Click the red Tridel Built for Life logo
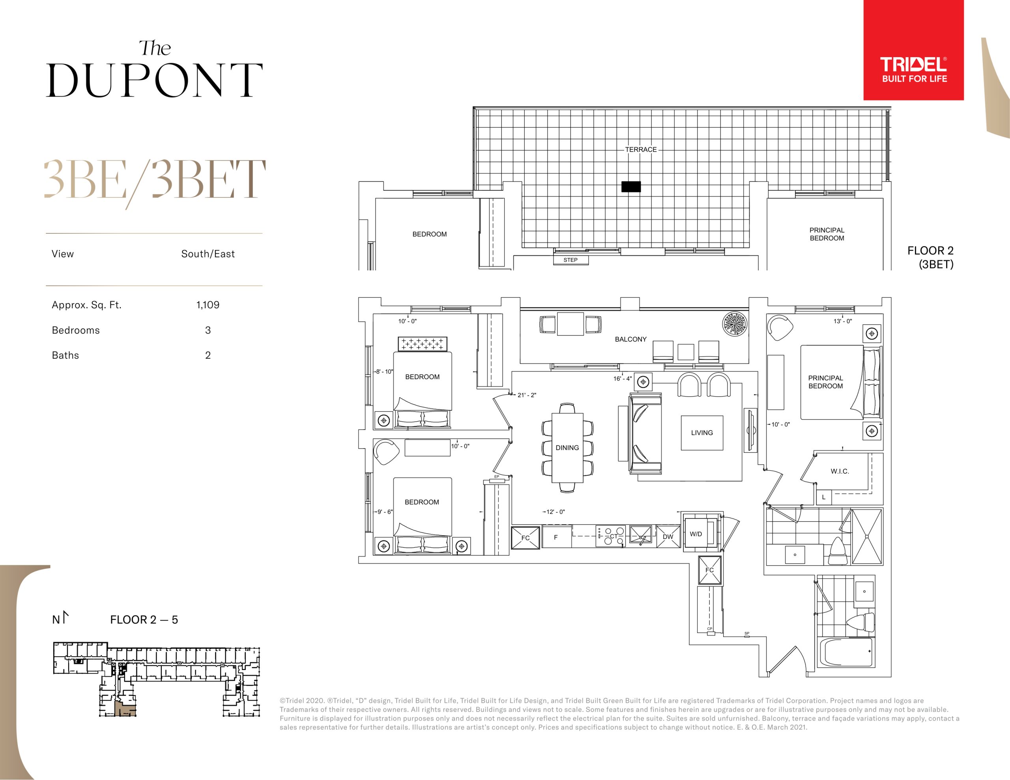(x=913, y=50)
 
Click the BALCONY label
(x=630, y=339)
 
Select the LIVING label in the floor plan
(x=701, y=433)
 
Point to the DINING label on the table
(x=567, y=448)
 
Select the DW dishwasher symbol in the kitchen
(x=668, y=536)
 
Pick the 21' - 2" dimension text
(x=527, y=395)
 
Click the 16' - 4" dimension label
(x=623, y=378)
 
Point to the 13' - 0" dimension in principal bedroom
(x=843, y=321)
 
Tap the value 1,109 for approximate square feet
(x=208, y=305)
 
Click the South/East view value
(x=208, y=254)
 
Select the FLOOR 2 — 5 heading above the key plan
(x=144, y=620)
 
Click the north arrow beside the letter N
(x=65, y=617)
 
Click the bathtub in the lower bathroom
(x=846, y=652)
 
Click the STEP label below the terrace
(x=570, y=260)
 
